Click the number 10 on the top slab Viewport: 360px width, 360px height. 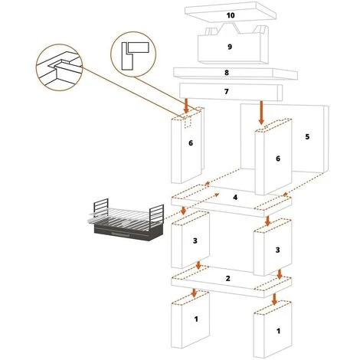[231, 15]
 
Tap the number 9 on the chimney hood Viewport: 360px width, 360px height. [230, 47]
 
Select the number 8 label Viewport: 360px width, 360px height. [227, 73]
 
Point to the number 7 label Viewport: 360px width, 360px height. [227, 91]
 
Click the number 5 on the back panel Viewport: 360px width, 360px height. [307, 136]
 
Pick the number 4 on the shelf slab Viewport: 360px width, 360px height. [235, 197]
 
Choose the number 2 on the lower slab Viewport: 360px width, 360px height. [228, 278]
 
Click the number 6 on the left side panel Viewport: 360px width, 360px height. [191, 143]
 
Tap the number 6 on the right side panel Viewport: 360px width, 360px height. [278, 159]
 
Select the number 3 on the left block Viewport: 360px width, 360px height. [195, 241]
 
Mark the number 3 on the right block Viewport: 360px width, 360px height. [278, 250]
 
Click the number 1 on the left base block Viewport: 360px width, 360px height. [196, 319]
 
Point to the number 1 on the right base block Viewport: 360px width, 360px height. [278, 331]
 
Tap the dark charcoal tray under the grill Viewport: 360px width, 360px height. [129, 232]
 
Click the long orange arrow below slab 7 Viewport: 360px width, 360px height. [261, 113]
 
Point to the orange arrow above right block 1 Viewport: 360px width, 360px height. [274, 299]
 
